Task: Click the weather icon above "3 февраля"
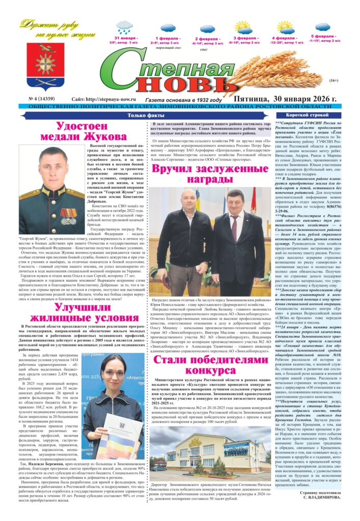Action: (x=242, y=27)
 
